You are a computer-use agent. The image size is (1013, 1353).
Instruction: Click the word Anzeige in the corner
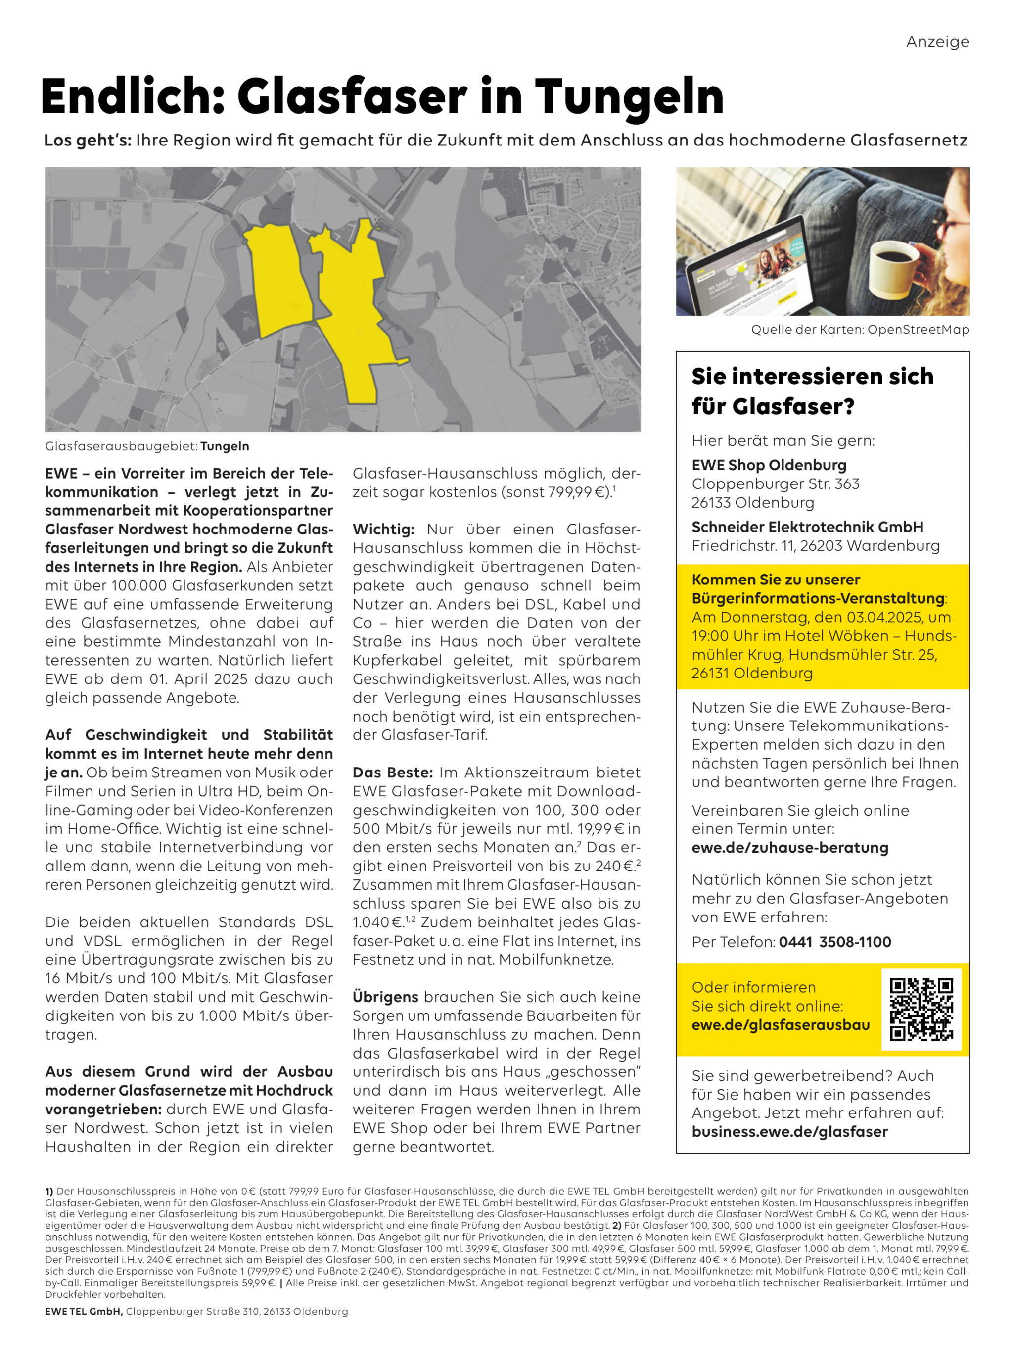(937, 42)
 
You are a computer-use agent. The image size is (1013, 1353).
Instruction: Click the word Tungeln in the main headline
(629, 97)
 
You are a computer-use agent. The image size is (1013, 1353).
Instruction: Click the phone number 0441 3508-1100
(834, 942)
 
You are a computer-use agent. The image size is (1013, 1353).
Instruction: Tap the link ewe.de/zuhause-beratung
(790, 848)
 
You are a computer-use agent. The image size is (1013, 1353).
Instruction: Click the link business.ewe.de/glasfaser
(789, 1132)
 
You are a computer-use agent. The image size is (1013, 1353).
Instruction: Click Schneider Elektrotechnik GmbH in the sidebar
(807, 527)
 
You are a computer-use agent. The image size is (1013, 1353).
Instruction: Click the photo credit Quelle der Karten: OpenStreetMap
(860, 330)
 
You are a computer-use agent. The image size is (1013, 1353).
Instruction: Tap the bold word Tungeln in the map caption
(225, 446)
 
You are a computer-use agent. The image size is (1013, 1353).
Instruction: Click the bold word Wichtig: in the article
(383, 529)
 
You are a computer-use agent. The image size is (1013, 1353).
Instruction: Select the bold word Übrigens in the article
(385, 997)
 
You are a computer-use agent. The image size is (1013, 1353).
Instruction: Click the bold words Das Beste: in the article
(392, 773)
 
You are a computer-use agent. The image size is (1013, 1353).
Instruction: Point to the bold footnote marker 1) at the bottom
(49, 1192)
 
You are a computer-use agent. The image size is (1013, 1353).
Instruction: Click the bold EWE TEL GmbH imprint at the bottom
(84, 1311)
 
